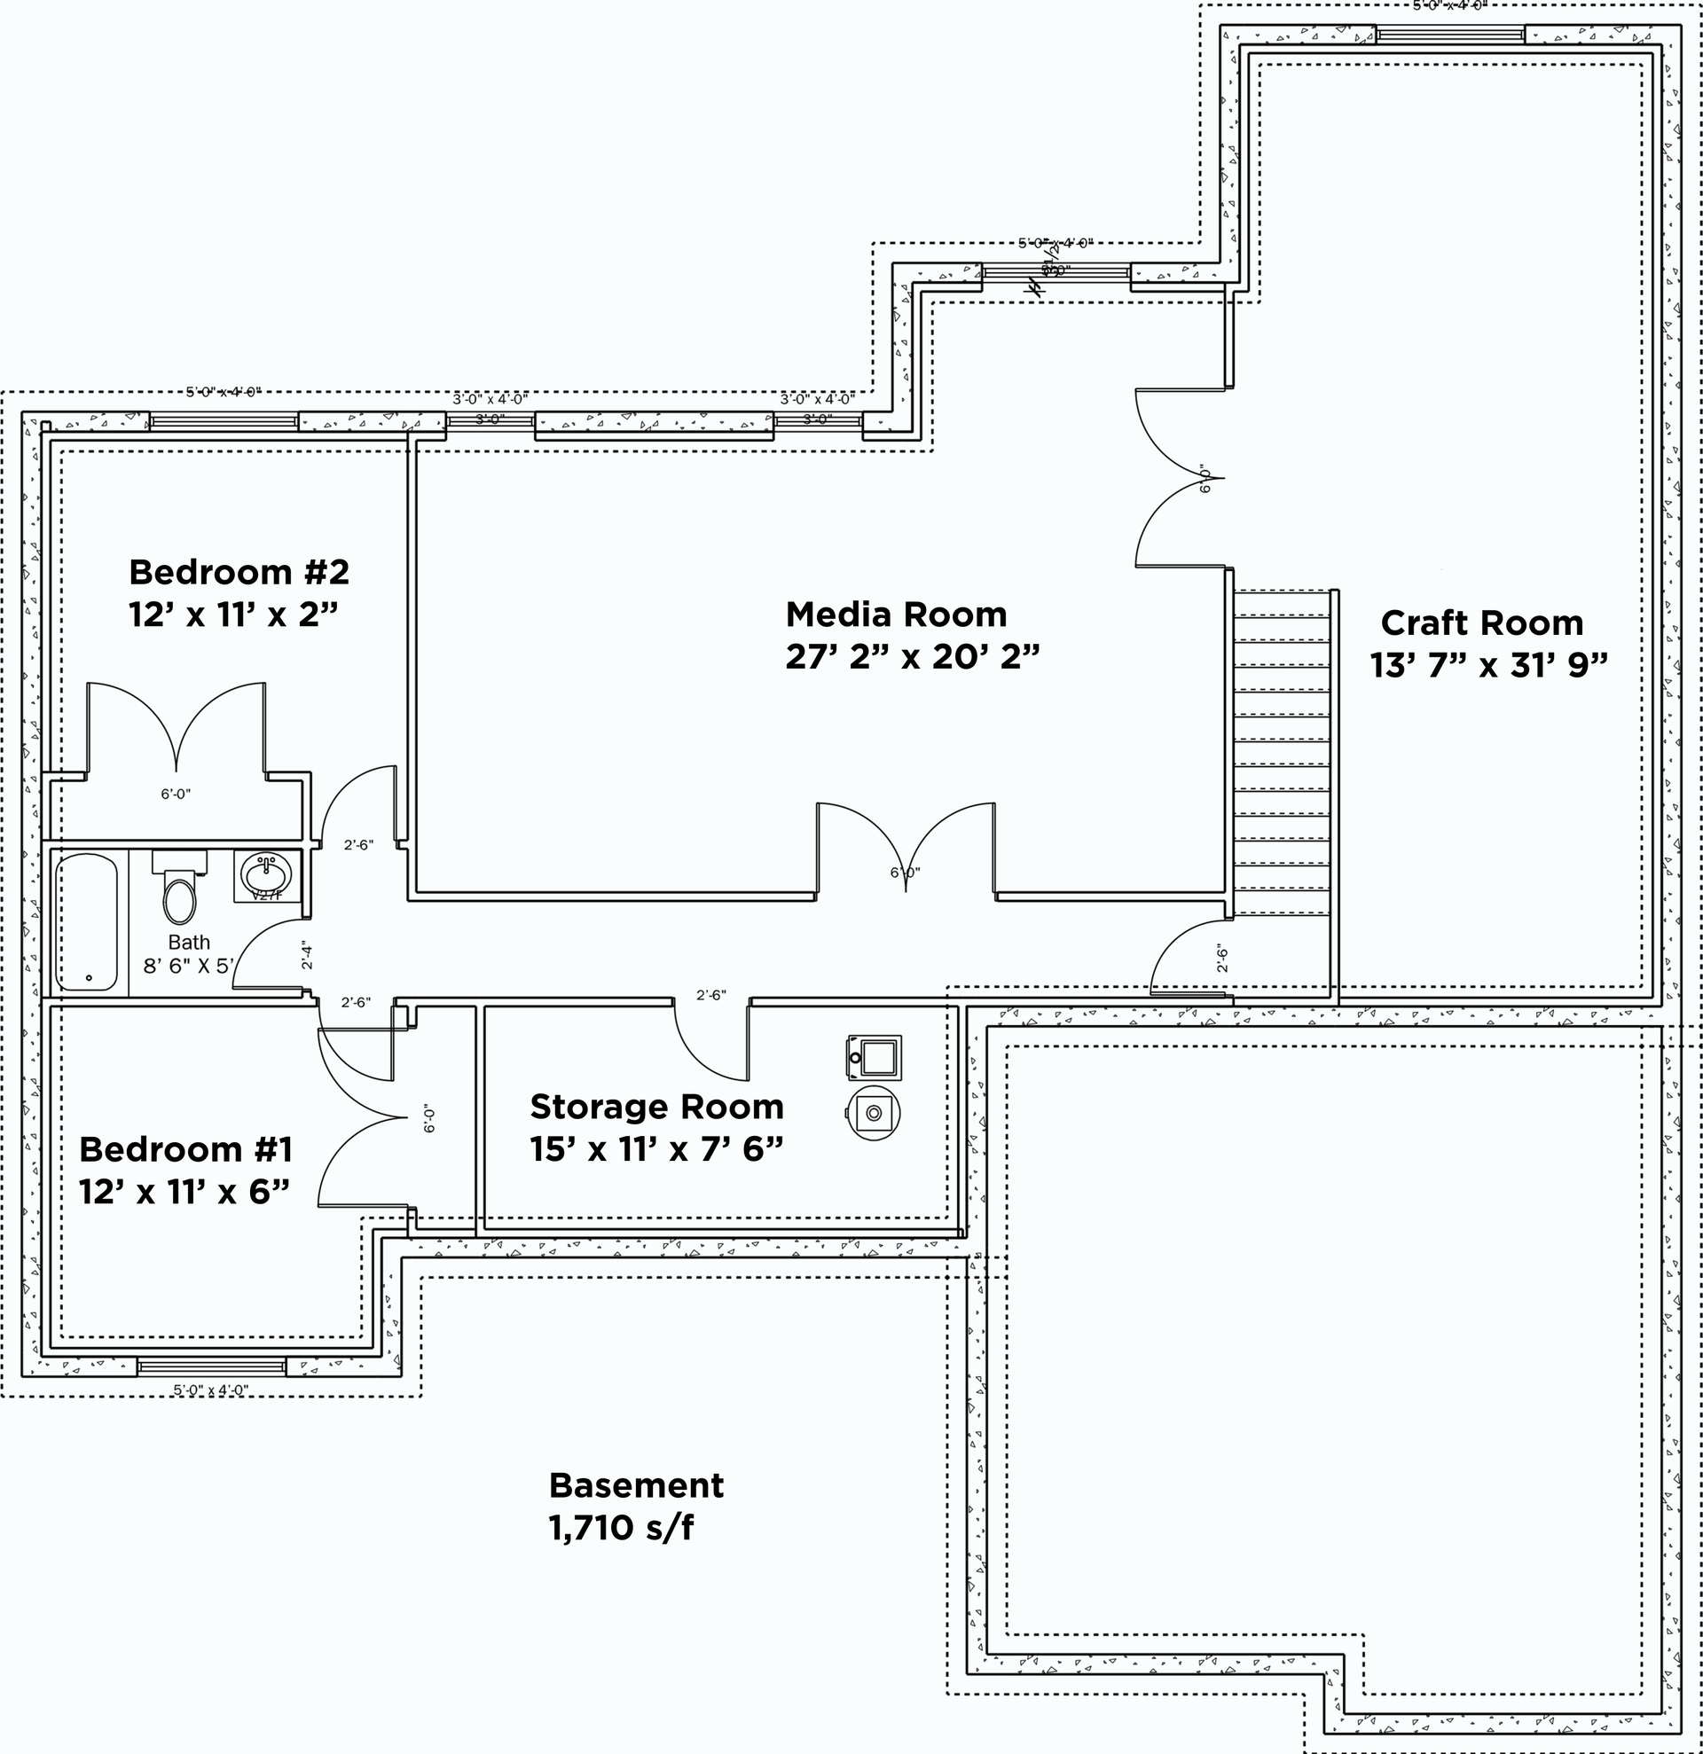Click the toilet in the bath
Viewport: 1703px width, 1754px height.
pyautogui.click(x=179, y=889)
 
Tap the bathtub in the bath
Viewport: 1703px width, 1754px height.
pyautogui.click(x=87, y=921)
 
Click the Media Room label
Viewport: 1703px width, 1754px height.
pyautogui.click(x=896, y=615)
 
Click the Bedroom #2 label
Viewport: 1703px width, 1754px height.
pyautogui.click(x=238, y=572)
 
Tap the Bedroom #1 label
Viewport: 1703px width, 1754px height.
pyautogui.click(x=185, y=1149)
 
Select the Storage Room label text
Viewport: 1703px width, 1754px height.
pyautogui.click(x=656, y=1107)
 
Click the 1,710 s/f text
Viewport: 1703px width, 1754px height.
pyautogui.click(x=620, y=1528)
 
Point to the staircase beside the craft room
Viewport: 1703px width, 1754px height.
pyautogui.click(x=1281, y=752)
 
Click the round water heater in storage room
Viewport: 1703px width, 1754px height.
pyautogui.click(x=873, y=1113)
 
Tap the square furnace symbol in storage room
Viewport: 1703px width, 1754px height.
pyautogui.click(x=875, y=1058)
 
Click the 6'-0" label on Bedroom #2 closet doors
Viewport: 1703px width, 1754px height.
pyautogui.click(x=177, y=794)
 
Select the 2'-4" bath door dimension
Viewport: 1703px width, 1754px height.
pyautogui.click(x=307, y=955)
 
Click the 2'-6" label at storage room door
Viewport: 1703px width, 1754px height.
pyautogui.click(x=711, y=994)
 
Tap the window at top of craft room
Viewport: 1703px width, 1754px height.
pyautogui.click(x=1449, y=35)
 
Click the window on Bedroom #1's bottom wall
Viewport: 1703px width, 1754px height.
pyautogui.click(x=211, y=1366)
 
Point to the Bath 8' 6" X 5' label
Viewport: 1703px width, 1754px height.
pyautogui.click(x=189, y=954)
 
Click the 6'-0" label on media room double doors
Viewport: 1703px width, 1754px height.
pyautogui.click(x=905, y=873)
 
